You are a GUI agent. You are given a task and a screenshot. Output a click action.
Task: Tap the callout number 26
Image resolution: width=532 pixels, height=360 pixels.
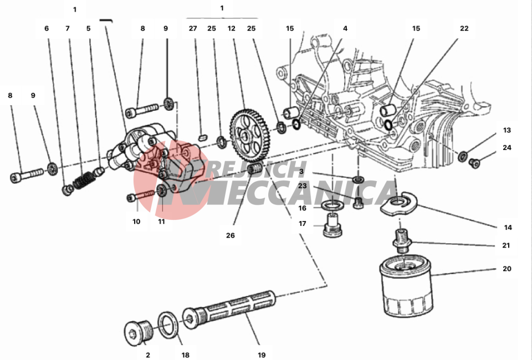231,235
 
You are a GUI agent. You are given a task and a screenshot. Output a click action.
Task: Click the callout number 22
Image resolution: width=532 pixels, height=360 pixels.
464,28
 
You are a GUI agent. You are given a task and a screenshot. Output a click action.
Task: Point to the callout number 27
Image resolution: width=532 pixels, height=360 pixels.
193,28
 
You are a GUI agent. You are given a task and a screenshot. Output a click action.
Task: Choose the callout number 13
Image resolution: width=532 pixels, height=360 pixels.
507,131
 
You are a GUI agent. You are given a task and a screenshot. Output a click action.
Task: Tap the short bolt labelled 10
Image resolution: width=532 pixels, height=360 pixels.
143,196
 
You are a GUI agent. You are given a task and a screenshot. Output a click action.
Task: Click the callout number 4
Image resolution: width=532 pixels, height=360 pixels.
345,28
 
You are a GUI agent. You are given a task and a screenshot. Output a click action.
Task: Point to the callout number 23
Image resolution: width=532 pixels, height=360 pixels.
302,187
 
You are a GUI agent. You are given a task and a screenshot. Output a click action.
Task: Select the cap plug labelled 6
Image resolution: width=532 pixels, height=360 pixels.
67,191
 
